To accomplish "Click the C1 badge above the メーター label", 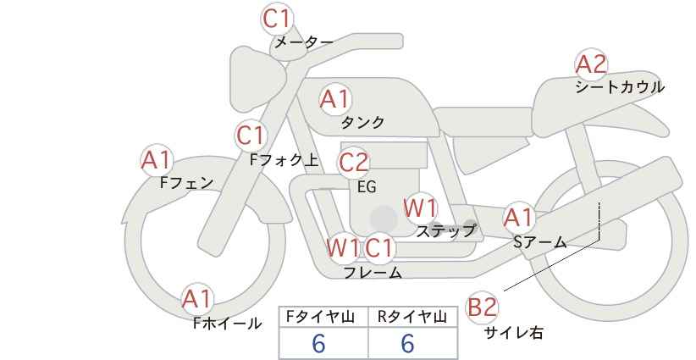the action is coord(276,19).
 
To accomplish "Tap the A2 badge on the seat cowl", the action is coord(591,64).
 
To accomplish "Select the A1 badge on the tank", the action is coord(335,99).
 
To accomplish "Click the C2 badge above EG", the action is coord(354,163).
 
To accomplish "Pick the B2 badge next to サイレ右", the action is coord(482,307).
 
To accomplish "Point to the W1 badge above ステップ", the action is coord(420,208).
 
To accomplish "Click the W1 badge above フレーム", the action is coord(343,247).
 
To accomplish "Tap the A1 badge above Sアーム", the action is coord(518,219).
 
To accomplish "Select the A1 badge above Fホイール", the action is coord(197,299).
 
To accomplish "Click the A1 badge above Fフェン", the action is coord(157,160).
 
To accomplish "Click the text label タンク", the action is coord(362,122).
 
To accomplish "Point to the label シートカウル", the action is coord(620,86).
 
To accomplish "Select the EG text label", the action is coord(367,187).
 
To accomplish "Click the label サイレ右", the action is coord(513,332).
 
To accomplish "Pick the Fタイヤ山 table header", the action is coord(320,317).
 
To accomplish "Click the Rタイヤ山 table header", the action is coord(412,317).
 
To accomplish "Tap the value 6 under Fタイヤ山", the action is coord(318,343).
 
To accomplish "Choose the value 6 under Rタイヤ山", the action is coord(407,343).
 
